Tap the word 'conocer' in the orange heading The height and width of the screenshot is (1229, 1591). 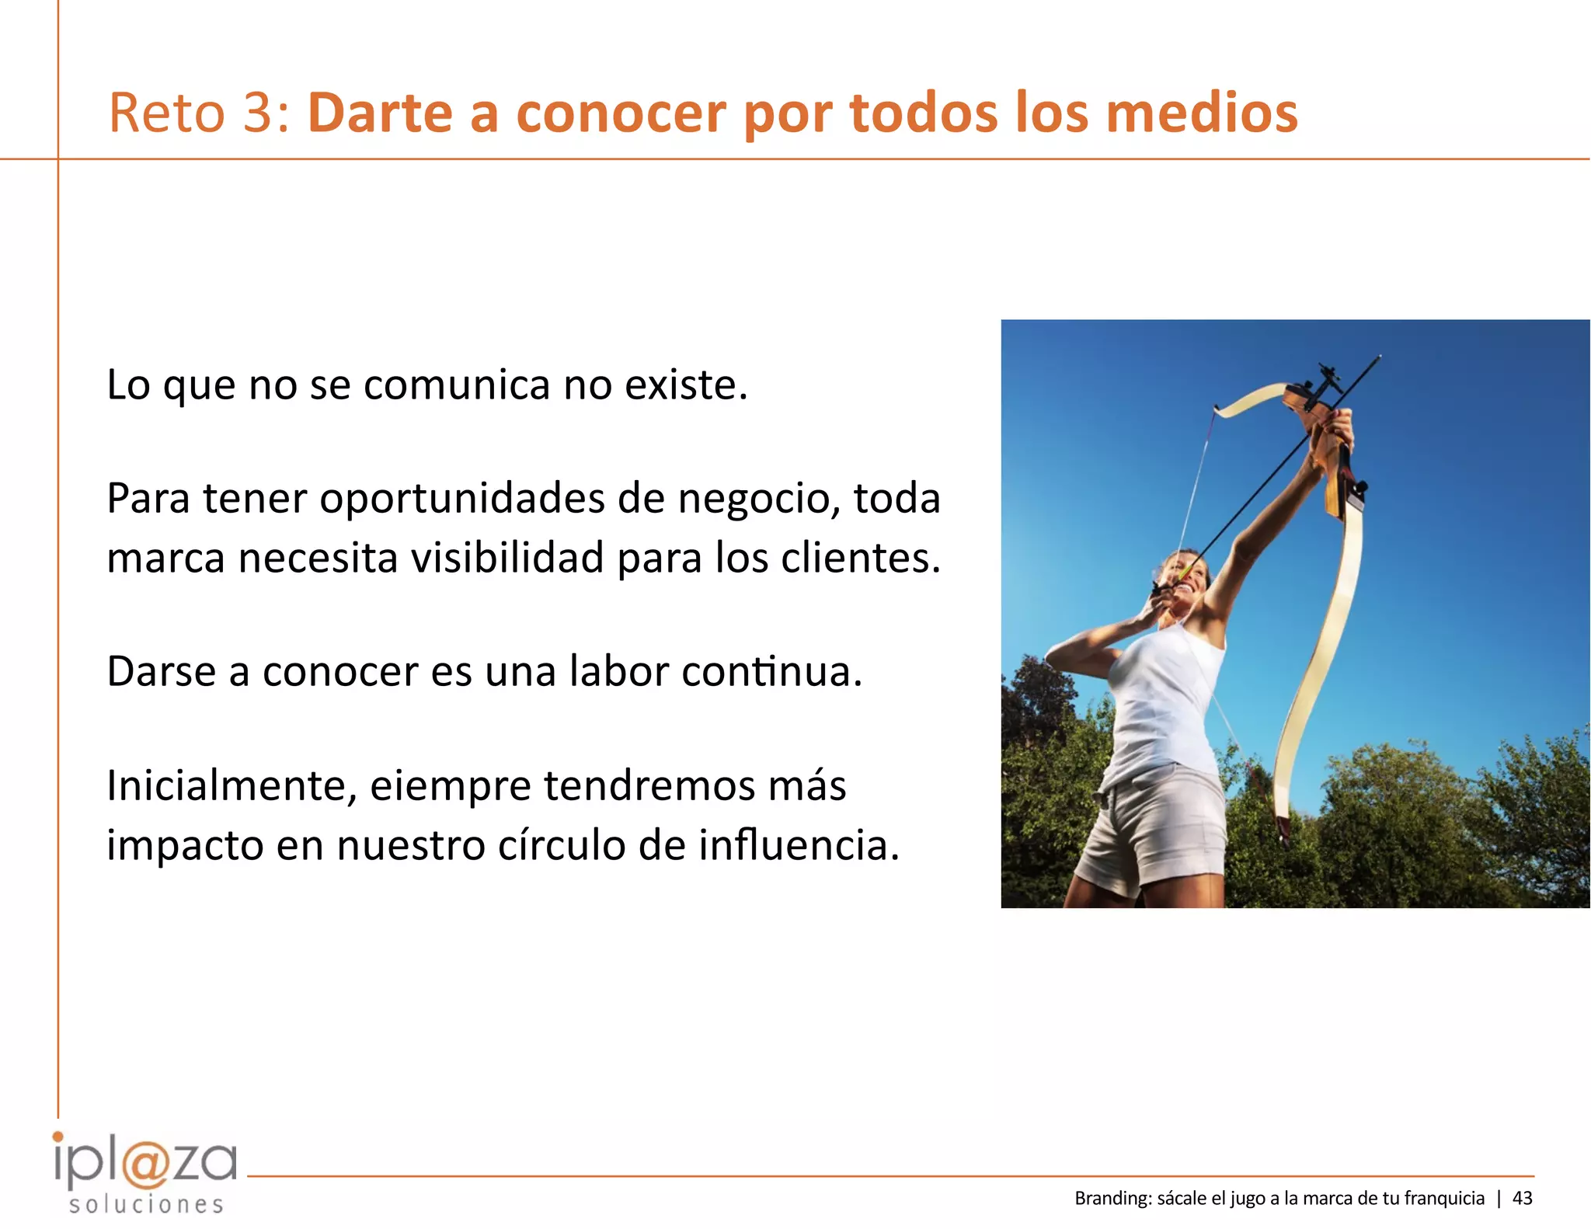pyautogui.click(x=621, y=113)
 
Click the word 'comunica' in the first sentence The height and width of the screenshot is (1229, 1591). pyautogui.click(x=457, y=385)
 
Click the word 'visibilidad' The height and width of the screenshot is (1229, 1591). pyautogui.click(x=507, y=558)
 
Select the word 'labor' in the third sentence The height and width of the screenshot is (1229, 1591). pyautogui.click(x=618, y=671)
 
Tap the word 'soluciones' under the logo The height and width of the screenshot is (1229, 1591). pyautogui.click(x=146, y=1205)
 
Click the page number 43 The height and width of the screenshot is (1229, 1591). pyautogui.click(x=1523, y=1199)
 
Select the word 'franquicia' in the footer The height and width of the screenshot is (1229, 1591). pyautogui.click(x=1444, y=1199)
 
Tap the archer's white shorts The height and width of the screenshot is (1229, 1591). pyautogui.click(x=1158, y=831)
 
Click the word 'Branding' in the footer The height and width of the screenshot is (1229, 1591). pyautogui.click(x=1111, y=1199)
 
